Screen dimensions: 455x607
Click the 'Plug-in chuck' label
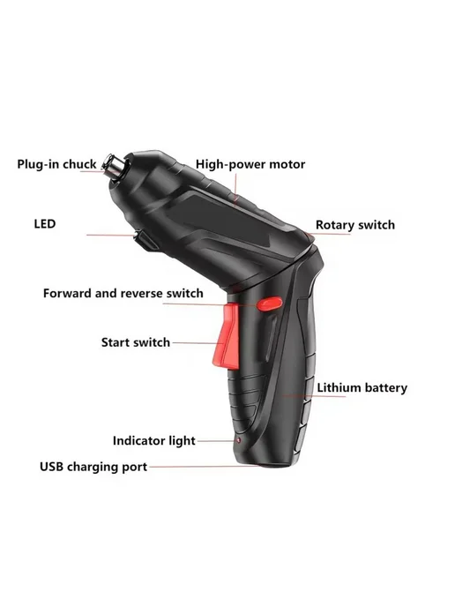pos(56,164)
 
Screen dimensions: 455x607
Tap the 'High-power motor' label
pos(250,164)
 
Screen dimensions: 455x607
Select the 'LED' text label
pos(45,224)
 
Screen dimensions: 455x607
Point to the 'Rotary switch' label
pos(355,225)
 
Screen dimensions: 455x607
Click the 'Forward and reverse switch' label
pos(123,293)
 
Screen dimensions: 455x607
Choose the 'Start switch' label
pos(136,342)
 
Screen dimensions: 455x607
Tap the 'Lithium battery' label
pos(362,388)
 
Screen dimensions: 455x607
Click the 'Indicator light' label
pos(154,440)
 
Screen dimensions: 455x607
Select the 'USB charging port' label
pos(93,467)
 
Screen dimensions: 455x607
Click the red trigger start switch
pos(227,337)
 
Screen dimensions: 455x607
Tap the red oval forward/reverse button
pos(270,303)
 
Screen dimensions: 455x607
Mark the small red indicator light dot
pos(239,440)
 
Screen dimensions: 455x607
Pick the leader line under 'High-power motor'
pos(235,190)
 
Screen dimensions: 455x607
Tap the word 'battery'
pos(385,388)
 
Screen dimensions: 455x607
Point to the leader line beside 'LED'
pos(110,235)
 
